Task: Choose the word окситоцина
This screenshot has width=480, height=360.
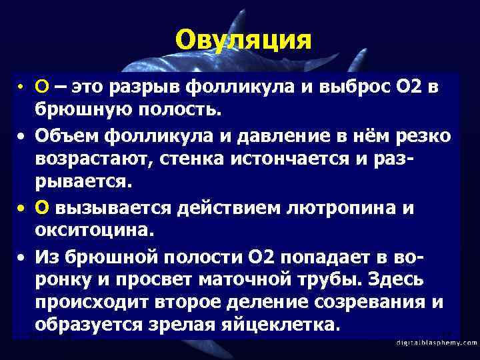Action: pyautogui.click(x=95, y=231)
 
